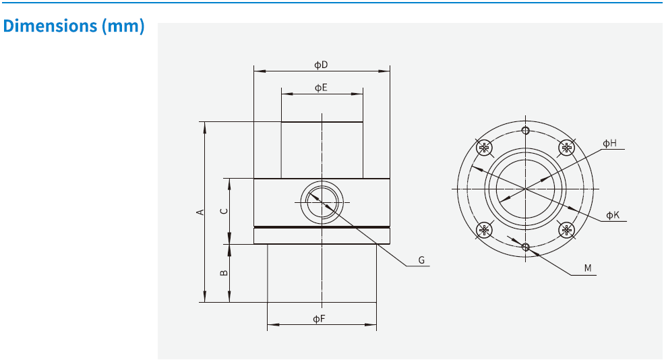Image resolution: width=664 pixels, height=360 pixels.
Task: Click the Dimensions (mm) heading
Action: click(x=74, y=26)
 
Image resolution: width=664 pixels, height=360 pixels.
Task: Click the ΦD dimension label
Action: click(x=321, y=65)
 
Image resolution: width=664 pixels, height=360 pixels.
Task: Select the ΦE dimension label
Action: click(x=321, y=88)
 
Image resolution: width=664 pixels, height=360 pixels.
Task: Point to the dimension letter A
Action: click(x=200, y=212)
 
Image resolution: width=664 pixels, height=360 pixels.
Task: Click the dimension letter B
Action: click(x=224, y=273)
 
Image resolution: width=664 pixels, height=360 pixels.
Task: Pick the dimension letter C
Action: click(x=224, y=210)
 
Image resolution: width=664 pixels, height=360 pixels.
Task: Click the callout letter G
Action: click(x=421, y=260)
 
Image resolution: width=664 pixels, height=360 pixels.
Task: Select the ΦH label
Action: click(x=609, y=143)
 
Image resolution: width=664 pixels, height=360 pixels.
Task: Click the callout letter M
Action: click(x=588, y=268)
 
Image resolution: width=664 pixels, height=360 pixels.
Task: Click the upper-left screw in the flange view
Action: click(x=483, y=148)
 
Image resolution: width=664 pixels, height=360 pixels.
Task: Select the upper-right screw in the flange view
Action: click(x=567, y=148)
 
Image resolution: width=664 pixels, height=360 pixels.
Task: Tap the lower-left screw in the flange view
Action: click(x=483, y=231)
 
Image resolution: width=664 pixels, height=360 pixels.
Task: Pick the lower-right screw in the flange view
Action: click(x=567, y=231)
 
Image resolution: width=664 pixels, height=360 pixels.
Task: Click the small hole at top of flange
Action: click(x=525, y=131)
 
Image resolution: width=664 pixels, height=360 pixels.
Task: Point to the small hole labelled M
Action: click(x=526, y=247)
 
